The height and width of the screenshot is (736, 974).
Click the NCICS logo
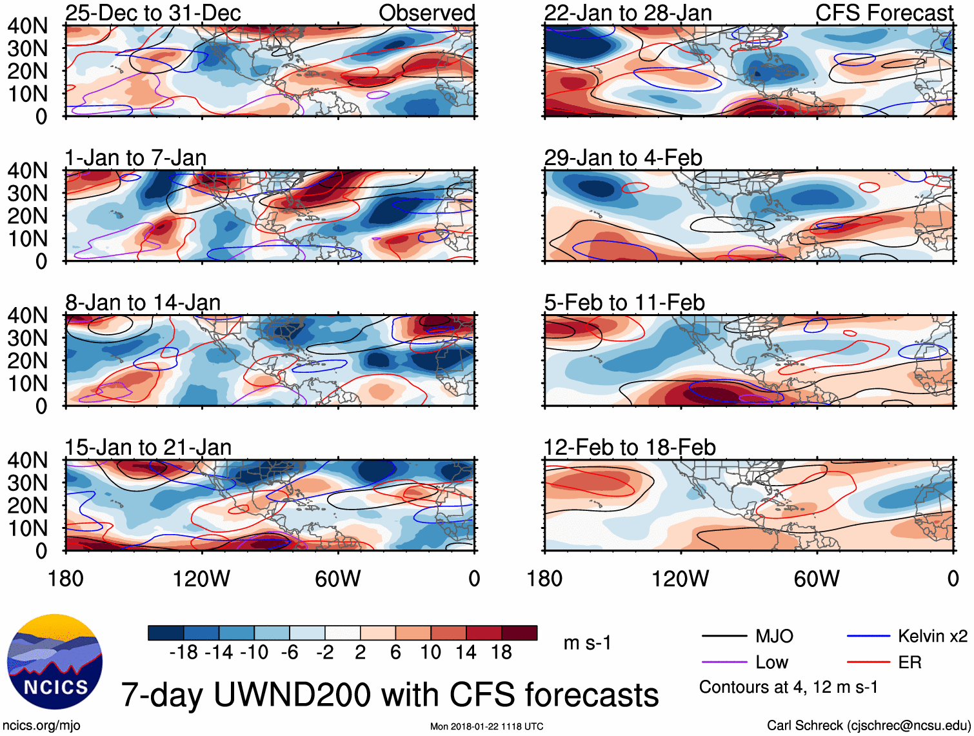[x=55, y=662]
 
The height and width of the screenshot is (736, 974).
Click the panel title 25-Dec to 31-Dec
[x=153, y=13]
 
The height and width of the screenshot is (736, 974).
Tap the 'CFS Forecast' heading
[x=884, y=13]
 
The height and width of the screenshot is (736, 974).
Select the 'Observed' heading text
[x=426, y=13]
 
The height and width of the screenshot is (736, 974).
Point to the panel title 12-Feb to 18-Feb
[x=630, y=448]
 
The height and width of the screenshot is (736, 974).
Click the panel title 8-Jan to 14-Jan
[x=143, y=303]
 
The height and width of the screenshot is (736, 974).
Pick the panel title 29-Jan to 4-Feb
[x=623, y=158]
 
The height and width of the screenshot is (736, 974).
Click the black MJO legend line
[x=724, y=637]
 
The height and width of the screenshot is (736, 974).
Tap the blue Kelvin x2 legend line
[x=868, y=637]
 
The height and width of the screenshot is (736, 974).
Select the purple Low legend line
[x=724, y=662]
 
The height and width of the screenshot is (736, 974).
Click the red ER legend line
[x=868, y=662]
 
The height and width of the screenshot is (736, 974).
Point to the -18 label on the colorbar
[x=184, y=653]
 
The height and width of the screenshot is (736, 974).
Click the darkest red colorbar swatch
[x=519, y=633]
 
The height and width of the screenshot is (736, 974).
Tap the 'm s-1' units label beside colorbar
[x=587, y=643]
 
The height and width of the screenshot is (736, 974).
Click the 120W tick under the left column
[x=201, y=579]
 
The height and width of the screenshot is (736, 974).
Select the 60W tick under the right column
[x=817, y=579]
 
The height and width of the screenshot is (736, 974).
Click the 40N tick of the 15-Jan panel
[x=28, y=461]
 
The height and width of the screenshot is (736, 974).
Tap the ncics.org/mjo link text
[x=41, y=726]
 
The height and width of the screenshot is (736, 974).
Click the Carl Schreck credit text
[x=868, y=726]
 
